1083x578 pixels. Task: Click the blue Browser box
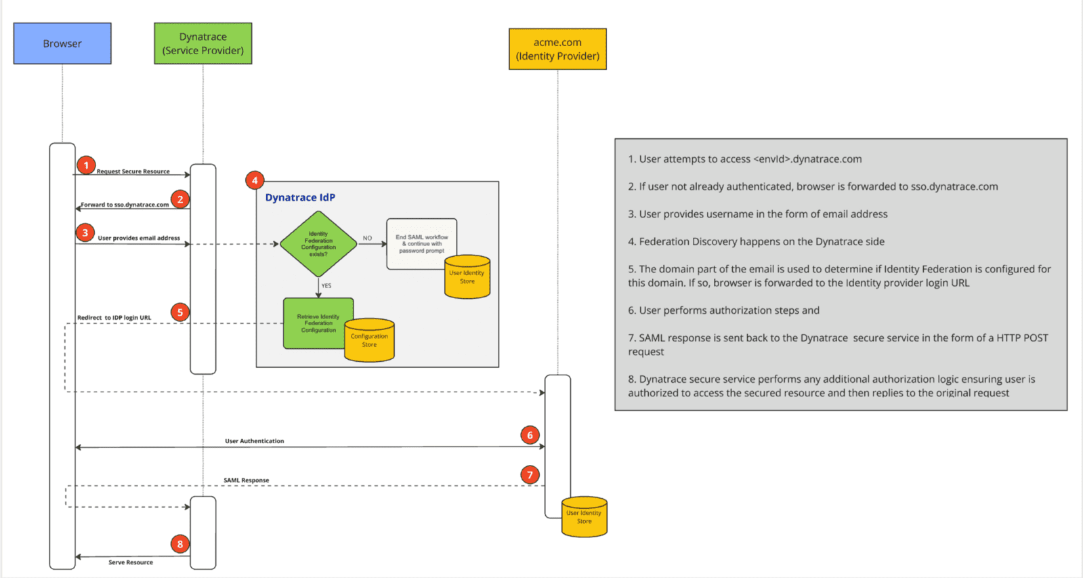(62, 43)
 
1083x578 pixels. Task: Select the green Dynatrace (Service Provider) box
(203, 43)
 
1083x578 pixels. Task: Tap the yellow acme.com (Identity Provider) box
(557, 49)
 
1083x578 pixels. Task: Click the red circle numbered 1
(86, 165)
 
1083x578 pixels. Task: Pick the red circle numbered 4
(255, 180)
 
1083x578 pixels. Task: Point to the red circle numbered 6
(530, 435)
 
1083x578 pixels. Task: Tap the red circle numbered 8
(180, 543)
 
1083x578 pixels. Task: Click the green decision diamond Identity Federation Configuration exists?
(318, 244)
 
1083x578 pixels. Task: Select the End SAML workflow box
(421, 243)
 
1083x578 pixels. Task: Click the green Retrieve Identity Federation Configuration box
(318, 323)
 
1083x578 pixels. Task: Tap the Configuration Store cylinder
(369, 340)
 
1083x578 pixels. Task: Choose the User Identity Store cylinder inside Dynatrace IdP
(467, 277)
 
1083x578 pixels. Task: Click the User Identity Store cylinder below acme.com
(584, 517)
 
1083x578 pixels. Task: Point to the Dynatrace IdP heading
(300, 197)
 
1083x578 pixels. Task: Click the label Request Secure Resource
(133, 171)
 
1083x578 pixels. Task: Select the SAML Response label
(247, 480)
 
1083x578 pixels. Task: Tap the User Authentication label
(255, 441)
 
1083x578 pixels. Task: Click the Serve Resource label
(131, 562)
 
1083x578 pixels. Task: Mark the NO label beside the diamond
(367, 238)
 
